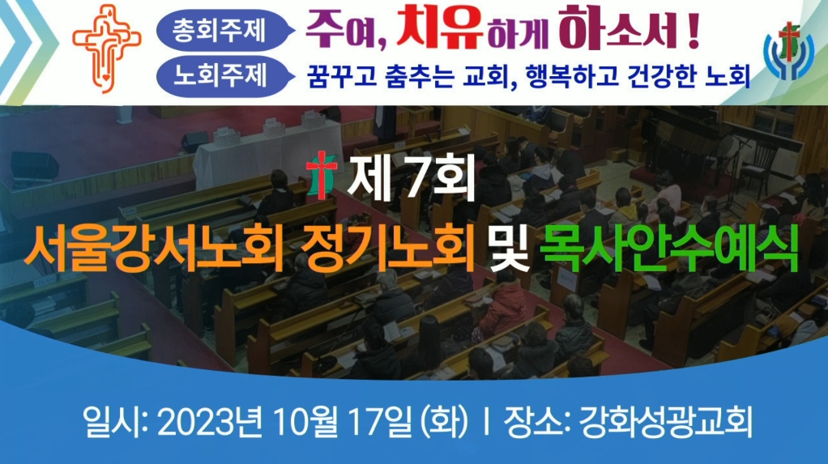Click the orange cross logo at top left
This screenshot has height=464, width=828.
click(107, 48)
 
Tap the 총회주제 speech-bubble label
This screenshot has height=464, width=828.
click(225, 31)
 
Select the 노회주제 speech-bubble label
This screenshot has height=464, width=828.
click(225, 76)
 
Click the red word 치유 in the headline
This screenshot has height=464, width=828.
click(439, 28)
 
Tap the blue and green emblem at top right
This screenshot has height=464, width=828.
click(788, 51)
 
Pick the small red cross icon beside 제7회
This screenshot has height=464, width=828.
click(322, 175)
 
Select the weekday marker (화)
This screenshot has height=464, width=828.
click(444, 422)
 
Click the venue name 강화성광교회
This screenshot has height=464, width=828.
click(665, 422)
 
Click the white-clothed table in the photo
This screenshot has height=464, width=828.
click(269, 151)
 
